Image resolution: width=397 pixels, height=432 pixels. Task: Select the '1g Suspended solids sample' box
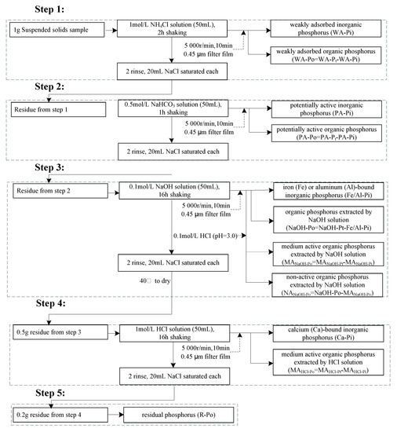(x=52, y=31)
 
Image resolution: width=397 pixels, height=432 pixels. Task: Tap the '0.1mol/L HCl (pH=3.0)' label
(x=204, y=233)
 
